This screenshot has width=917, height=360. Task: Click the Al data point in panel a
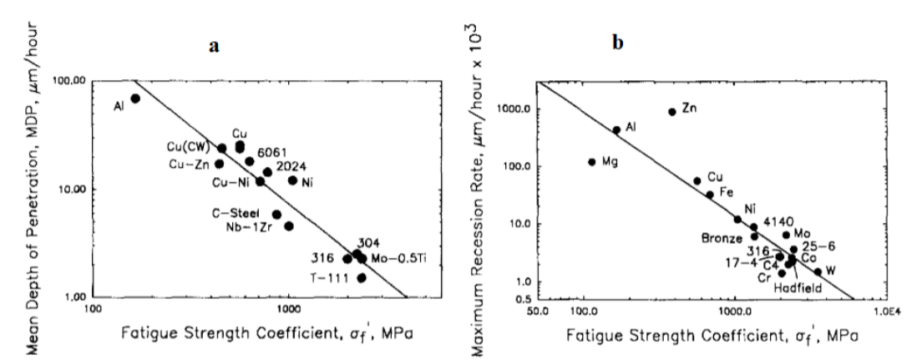point(135,99)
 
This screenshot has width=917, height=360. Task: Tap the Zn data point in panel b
point(671,111)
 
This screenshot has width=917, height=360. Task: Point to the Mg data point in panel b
point(591,162)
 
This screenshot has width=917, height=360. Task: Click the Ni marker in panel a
point(292,180)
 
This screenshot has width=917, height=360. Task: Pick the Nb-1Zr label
point(256,226)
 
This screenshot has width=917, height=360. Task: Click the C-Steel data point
point(276,215)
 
